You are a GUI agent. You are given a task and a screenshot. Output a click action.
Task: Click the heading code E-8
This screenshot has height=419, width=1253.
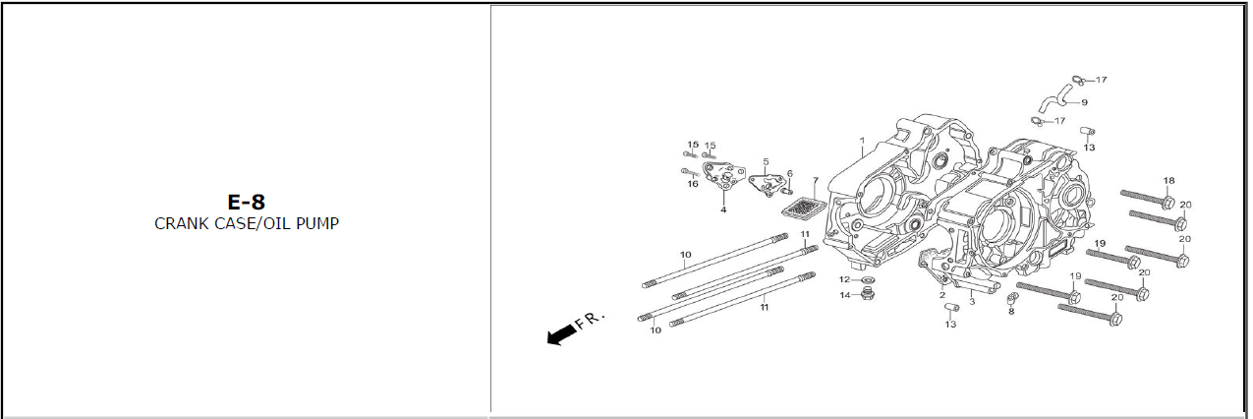(247, 202)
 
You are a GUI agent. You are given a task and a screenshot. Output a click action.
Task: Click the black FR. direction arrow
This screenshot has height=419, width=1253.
(560, 334)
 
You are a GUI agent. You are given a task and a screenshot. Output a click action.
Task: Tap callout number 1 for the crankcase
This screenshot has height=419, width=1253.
(861, 142)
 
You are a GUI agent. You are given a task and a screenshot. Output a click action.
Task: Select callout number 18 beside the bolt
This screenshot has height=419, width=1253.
(1168, 180)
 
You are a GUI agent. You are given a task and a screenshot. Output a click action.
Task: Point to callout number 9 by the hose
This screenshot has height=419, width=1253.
(1084, 102)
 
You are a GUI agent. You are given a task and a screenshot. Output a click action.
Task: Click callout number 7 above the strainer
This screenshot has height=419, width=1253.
(814, 181)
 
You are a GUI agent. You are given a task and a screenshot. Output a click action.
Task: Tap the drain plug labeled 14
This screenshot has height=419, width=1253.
(866, 295)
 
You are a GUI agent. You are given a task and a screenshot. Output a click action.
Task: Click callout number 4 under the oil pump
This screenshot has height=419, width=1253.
(723, 209)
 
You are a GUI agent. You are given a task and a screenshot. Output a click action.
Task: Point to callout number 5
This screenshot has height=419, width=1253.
(766, 161)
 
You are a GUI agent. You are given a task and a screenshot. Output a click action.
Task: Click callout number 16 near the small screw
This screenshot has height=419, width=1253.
(693, 184)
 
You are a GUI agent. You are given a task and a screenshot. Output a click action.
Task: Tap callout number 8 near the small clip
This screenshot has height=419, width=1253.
(1011, 312)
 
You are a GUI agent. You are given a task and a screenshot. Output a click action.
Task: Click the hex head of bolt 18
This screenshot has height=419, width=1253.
(1167, 203)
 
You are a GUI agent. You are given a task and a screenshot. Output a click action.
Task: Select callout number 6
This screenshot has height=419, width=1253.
(789, 173)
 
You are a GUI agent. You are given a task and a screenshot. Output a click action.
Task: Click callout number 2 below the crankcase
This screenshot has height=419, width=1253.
(941, 295)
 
